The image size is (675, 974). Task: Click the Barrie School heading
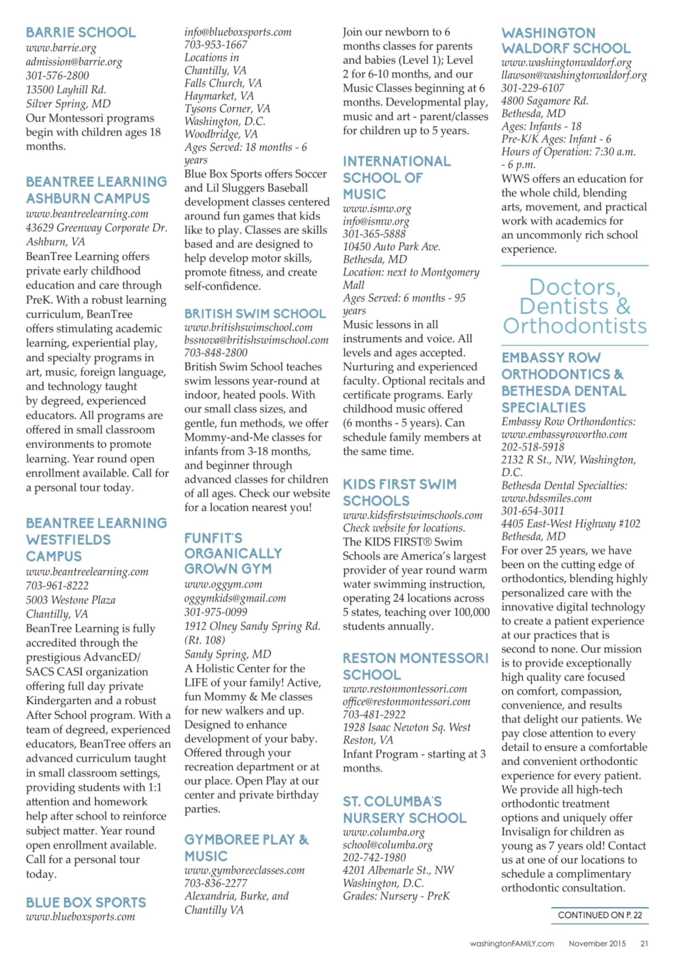81,33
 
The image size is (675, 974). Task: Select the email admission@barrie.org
74,62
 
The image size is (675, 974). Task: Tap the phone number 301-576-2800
57,76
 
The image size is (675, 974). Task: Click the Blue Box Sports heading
86,902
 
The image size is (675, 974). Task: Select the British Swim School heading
255,313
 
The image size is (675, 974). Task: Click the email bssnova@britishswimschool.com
256,340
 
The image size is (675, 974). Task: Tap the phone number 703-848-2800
216,352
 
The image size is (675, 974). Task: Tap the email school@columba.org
387,845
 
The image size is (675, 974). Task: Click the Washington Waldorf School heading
565,41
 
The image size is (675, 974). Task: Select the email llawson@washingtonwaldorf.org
574,76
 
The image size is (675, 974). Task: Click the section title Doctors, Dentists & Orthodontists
574,306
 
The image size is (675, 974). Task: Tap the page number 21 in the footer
644,943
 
